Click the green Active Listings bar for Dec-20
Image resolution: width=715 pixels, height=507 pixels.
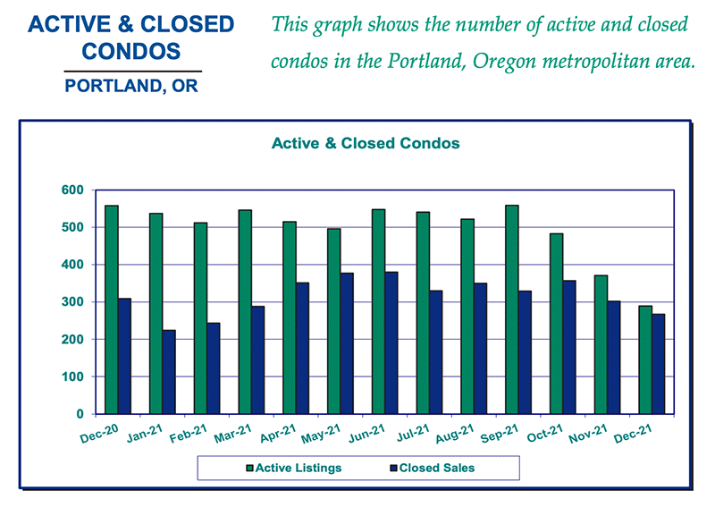click(112, 309)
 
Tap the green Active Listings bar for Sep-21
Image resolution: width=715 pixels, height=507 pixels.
click(512, 309)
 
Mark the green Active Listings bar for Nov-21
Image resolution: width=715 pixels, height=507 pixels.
click(601, 344)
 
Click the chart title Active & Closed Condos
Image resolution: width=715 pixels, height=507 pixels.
click(365, 143)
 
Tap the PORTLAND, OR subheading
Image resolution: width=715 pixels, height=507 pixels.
click(132, 87)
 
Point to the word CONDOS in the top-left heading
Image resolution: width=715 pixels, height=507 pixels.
click(132, 51)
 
